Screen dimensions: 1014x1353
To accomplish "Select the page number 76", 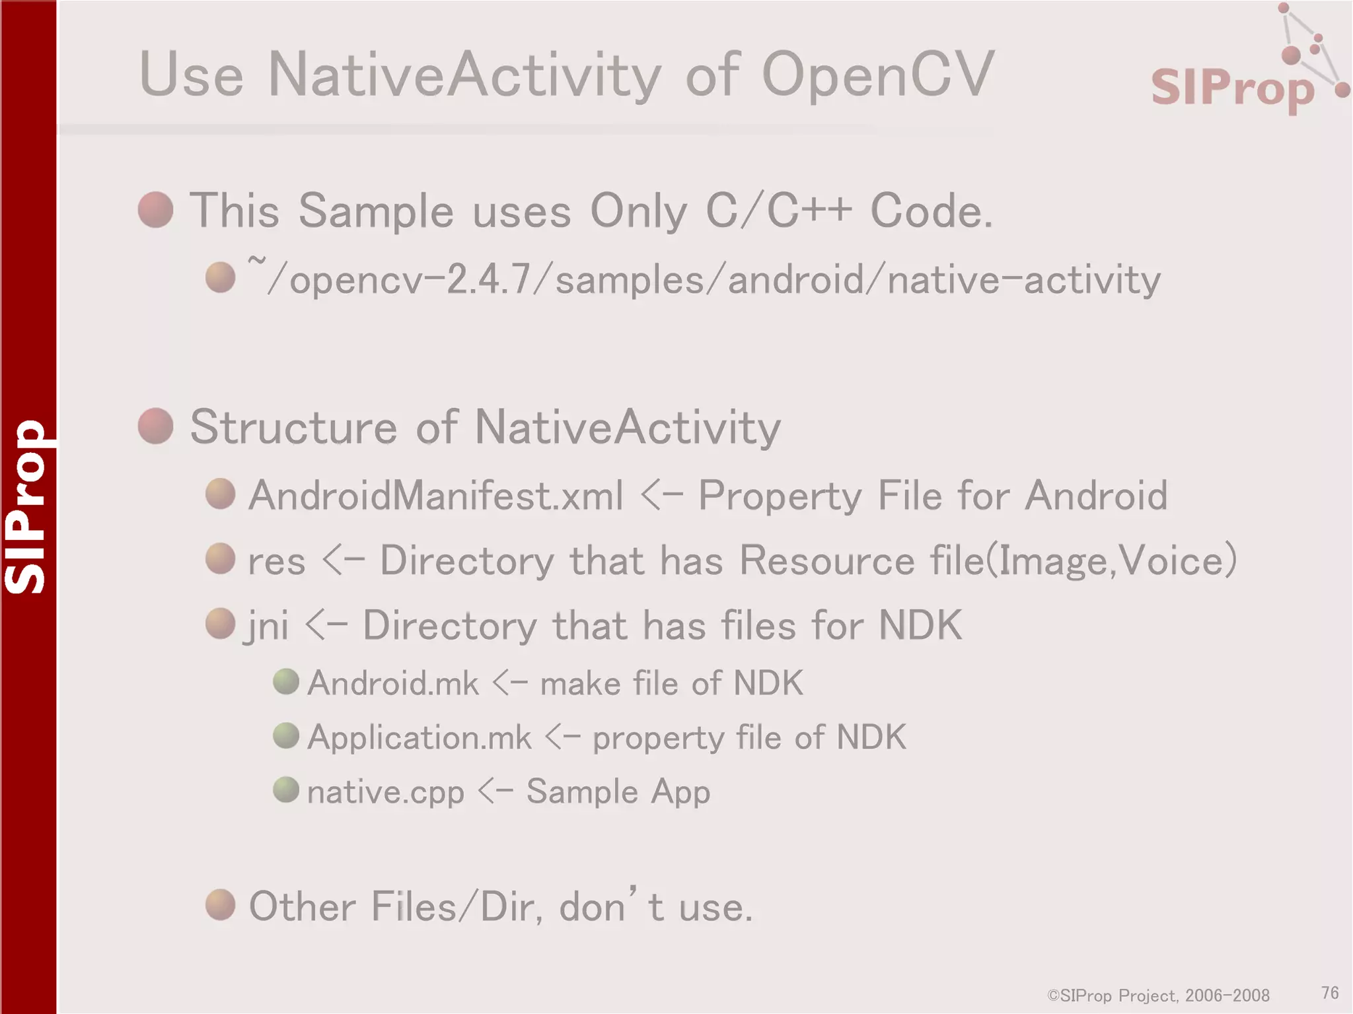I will (1330, 993).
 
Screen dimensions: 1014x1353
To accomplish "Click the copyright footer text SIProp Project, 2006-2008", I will (1159, 996).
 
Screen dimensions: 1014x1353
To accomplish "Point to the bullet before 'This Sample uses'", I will (156, 210).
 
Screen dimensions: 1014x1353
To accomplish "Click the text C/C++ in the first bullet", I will (779, 211).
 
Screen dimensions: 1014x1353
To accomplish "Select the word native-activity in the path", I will (1023, 280).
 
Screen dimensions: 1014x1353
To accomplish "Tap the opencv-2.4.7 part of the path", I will (410, 280).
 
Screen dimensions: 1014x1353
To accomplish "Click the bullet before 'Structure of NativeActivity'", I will (156, 426).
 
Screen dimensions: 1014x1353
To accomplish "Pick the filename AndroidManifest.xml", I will (435, 495).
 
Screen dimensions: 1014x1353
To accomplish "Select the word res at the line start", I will (276, 562).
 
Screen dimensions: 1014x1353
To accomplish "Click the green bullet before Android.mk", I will (286, 681).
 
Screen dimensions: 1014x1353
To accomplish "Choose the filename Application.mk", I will (420, 737).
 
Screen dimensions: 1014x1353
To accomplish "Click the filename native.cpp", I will (386, 792).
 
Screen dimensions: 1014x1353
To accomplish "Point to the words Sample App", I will (618, 792).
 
